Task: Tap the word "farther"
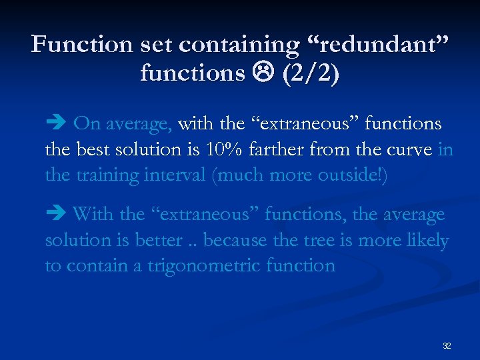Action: point(278,149)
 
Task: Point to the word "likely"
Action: point(427,240)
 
